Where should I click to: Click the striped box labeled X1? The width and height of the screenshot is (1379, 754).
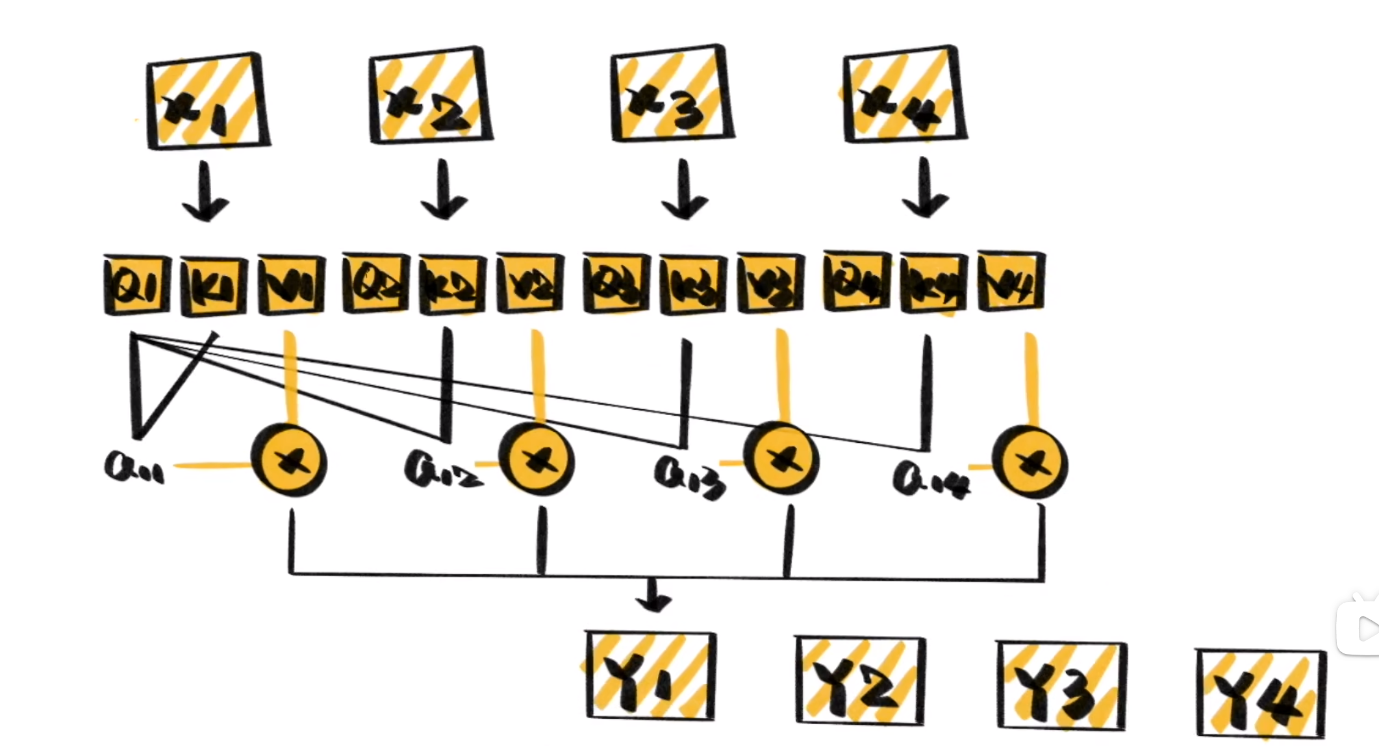(207, 101)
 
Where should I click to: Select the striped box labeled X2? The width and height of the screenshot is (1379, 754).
(430, 95)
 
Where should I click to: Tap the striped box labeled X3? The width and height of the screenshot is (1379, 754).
(672, 94)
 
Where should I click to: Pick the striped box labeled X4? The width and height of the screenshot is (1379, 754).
(904, 95)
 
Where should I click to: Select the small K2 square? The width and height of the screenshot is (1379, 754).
(452, 284)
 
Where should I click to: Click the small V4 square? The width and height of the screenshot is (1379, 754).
(1011, 282)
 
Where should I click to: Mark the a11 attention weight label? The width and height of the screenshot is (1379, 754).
(134, 468)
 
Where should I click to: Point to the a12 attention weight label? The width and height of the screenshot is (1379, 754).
(442, 471)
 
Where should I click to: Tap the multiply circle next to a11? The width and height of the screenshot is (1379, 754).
(290, 460)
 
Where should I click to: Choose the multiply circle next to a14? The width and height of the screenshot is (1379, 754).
(1030, 462)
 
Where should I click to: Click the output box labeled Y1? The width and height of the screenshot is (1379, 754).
(651, 676)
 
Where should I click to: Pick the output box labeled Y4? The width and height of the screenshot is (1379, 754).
(1260, 694)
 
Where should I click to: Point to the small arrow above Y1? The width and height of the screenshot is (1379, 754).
(653, 596)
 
